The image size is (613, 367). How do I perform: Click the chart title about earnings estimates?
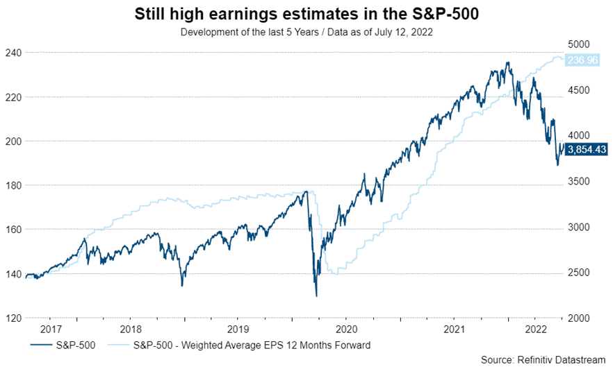click(x=306, y=15)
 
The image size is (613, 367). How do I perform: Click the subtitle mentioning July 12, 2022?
click(x=306, y=32)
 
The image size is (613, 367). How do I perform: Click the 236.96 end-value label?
click(x=583, y=60)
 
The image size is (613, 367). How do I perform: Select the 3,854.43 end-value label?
click(x=587, y=148)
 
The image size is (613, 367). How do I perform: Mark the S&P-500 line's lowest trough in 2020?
click(x=317, y=296)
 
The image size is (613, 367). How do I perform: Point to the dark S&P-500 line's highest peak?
click(x=508, y=62)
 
